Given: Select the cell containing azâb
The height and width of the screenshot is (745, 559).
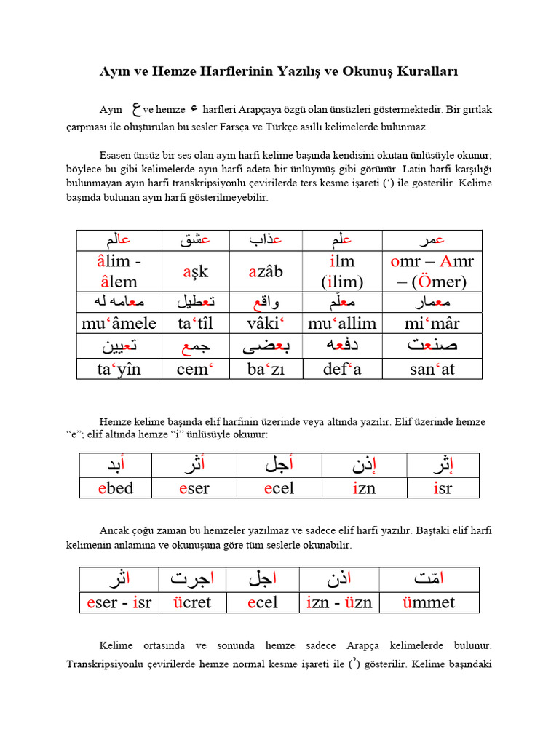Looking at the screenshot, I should [266, 271].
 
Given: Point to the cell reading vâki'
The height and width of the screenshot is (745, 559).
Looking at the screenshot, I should [266, 323].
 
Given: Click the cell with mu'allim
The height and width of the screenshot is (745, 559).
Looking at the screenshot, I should [342, 323].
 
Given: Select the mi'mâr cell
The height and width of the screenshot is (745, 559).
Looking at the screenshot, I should [432, 323].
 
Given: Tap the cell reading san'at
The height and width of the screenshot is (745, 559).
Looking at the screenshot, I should [432, 369].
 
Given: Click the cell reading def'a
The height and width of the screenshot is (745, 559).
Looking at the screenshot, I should [342, 369].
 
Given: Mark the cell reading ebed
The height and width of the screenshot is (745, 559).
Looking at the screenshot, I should [116, 487].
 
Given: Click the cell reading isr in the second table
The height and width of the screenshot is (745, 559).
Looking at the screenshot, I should [443, 487].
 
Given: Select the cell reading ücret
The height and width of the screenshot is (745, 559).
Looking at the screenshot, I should [192, 602].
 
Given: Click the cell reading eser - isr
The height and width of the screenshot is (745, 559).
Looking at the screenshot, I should [119, 602].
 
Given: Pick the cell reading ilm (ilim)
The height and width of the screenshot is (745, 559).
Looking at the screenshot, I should [342, 271].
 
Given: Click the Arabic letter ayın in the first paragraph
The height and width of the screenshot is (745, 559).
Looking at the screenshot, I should [135, 110].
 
